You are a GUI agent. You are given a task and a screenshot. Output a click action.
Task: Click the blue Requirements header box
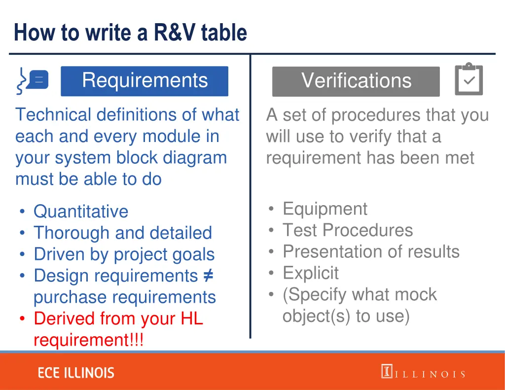144,81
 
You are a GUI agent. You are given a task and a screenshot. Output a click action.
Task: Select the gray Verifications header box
356,81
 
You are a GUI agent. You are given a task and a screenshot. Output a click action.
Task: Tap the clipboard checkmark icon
469,79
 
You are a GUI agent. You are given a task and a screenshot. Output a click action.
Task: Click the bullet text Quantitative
81,212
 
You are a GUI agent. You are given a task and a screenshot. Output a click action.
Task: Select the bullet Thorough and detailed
123,233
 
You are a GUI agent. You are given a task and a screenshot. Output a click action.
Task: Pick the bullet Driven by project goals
124,254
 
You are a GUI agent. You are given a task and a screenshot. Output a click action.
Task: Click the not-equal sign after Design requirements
208,276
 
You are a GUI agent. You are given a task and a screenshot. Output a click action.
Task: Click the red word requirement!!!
89,340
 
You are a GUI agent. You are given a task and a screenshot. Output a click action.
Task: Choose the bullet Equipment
325,209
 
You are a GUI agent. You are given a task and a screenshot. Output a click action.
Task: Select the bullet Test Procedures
348,230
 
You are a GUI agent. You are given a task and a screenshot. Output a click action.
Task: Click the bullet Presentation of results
371,251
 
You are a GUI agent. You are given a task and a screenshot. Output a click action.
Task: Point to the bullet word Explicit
311,273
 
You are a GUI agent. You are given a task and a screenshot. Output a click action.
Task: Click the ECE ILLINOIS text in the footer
76,373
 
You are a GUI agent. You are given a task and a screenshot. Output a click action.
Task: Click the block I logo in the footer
387,371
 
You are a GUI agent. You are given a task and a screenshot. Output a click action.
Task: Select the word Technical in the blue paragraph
53,115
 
